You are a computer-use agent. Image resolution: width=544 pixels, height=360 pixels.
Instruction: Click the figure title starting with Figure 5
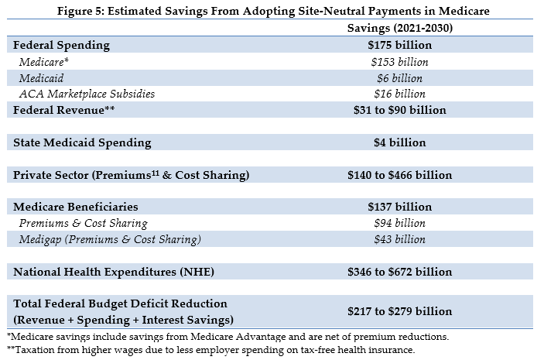[272, 10]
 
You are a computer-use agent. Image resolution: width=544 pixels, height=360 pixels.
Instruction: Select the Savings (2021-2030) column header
[398, 28]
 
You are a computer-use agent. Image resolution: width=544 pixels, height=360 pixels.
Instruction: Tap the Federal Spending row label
[62, 45]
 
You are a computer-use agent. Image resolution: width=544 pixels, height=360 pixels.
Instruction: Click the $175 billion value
[399, 45]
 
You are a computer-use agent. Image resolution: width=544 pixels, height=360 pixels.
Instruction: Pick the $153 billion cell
[399, 62]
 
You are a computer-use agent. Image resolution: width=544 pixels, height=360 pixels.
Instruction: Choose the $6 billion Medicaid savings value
[399, 78]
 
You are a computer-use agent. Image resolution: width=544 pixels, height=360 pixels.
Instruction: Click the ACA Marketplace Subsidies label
[87, 94]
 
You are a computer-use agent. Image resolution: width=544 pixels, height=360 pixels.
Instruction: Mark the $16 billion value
[399, 94]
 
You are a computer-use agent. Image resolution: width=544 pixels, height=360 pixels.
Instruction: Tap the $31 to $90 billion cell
[399, 110]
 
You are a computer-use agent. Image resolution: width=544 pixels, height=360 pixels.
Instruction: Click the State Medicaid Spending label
[82, 142]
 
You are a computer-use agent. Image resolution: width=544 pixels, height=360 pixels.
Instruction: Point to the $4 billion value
[399, 142]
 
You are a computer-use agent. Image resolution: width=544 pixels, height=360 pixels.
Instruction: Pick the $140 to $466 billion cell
[399, 175]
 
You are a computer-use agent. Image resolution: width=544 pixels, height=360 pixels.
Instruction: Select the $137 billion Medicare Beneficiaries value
[399, 207]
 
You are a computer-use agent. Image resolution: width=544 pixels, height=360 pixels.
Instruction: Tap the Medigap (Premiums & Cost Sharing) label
[111, 239]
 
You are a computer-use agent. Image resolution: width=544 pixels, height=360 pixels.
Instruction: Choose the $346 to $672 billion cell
[399, 272]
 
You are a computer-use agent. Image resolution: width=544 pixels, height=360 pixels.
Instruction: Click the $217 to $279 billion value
[399, 311]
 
